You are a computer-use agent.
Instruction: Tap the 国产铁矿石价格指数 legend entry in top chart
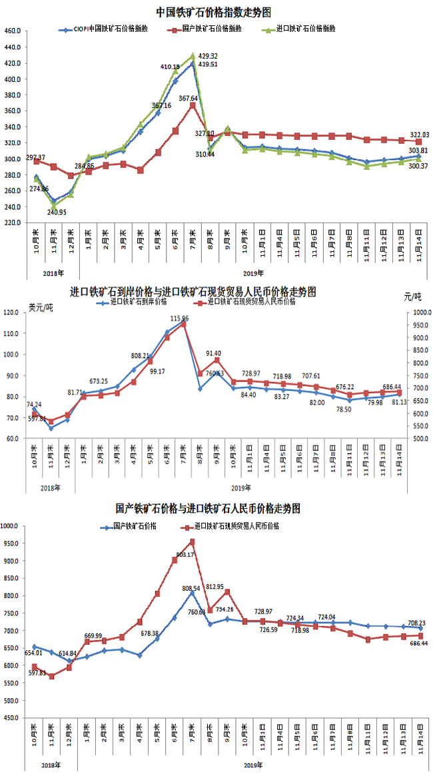coord(212,29)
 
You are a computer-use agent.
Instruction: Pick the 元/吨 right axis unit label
coord(413,295)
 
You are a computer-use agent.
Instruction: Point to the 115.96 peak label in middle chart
coord(179,319)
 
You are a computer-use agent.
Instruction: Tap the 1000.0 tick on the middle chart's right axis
coord(418,312)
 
